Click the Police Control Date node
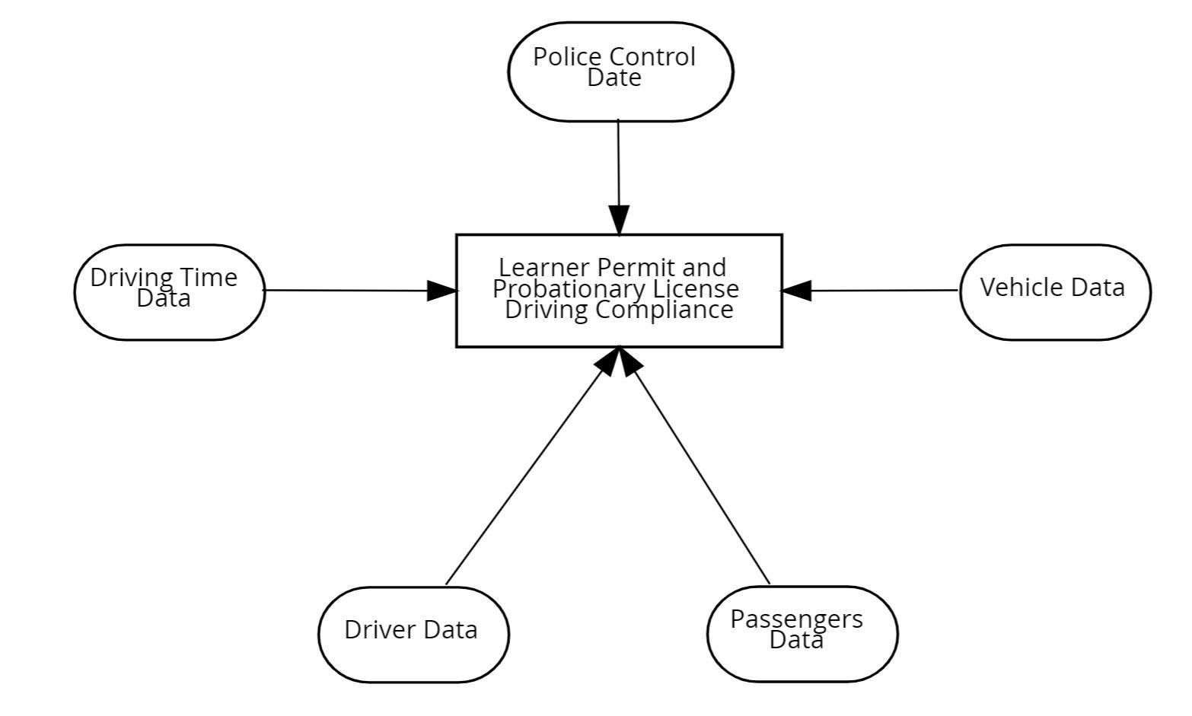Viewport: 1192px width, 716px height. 620,71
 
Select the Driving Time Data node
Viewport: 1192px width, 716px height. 169,292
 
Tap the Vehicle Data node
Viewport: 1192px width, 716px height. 1055,291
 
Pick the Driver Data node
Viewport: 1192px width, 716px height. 413,634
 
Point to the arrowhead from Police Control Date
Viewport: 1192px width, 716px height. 619,220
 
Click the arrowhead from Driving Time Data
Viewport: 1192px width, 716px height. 441,291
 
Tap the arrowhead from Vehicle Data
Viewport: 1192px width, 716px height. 797,291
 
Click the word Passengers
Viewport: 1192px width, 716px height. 796,619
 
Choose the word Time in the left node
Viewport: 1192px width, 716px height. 209,278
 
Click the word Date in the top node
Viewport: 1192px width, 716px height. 614,78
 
